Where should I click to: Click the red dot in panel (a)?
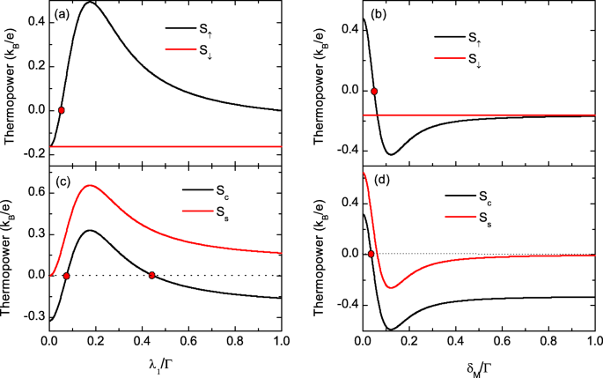tap(62, 110)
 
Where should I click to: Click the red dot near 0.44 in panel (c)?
tap(152, 275)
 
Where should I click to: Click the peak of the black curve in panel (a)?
tap(90, 4)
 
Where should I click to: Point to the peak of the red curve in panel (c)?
tap(90, 185)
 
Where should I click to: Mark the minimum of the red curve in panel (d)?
tap(392, 287)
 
